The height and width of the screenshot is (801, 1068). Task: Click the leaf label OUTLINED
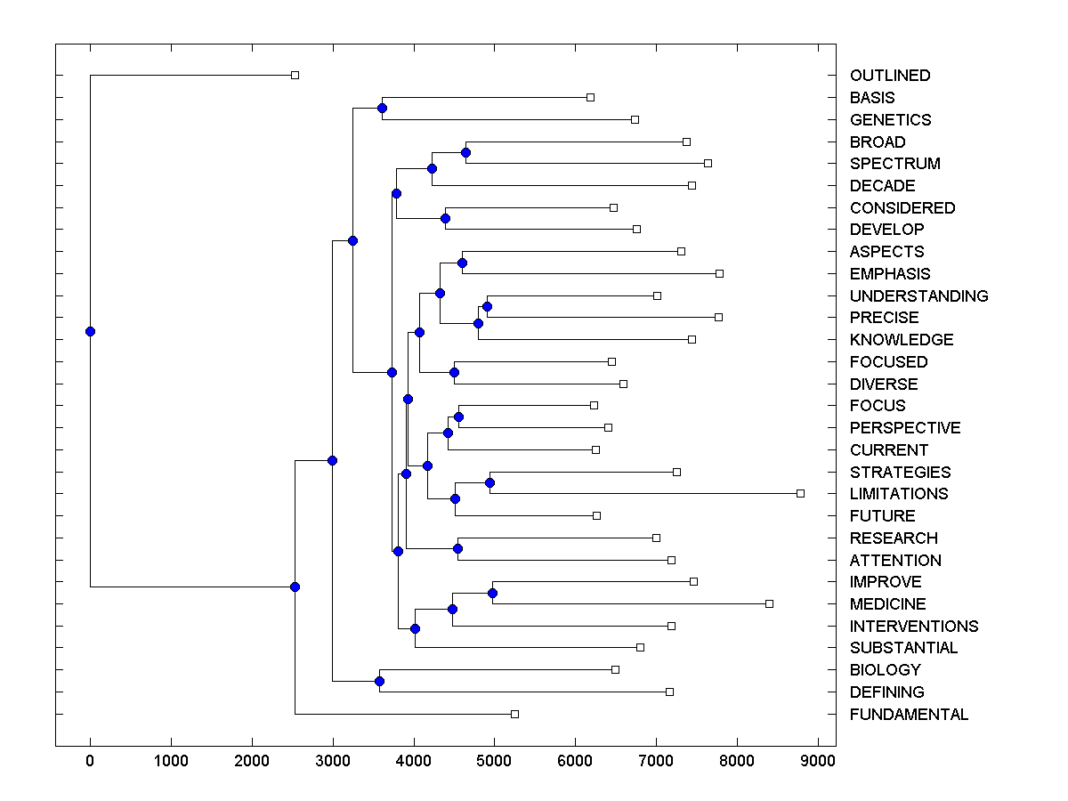(x=890, y=76)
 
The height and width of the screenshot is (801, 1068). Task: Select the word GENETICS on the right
(x=890, y=119)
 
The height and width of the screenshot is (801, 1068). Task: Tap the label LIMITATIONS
(x=899, y=494)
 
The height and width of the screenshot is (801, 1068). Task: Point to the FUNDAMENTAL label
(x=909, y=715)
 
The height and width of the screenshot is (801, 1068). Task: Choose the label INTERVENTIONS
(x=914, y=627)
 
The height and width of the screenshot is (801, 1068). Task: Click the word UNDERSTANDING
(x=918, y=295)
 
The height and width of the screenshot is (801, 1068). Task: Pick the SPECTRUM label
(x=894, y=164)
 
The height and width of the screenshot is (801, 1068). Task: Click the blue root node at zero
(x=90, y=331)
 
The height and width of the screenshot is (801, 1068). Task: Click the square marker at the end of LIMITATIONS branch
(x=800, y=493)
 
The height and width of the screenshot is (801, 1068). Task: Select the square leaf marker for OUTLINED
(x=295, y=76)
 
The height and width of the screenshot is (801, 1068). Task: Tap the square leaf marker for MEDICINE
(x=770, y=603)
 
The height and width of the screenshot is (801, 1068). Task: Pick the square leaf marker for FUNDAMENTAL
(x=514, y=714)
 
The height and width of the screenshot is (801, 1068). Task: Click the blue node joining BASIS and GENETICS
(x=382, y=109)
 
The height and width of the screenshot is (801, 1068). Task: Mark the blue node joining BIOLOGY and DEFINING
(x=379, y=681)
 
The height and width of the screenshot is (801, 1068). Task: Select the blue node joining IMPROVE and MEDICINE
(x=492, y=593)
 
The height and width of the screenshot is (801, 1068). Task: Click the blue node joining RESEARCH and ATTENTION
(x=457, y=548)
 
